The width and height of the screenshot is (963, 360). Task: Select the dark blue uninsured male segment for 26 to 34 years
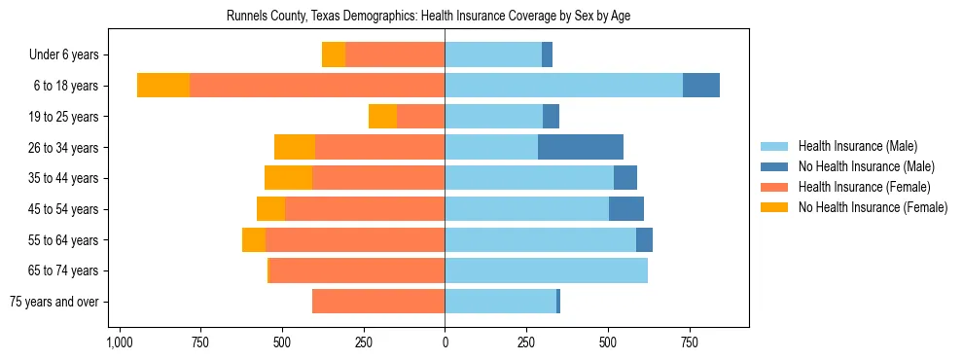[581, 147]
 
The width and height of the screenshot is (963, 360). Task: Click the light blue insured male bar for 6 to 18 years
[563, 86]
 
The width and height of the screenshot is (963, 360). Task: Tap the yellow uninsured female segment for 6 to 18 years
[163, 86]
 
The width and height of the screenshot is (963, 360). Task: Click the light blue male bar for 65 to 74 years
[546, 270]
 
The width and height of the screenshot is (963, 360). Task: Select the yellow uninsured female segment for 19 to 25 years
[382, 117]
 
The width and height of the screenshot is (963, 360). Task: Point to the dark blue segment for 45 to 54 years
[626, 209]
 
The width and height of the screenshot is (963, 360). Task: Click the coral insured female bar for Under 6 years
[395, 54]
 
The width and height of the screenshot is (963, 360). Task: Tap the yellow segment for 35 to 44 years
[288, 178]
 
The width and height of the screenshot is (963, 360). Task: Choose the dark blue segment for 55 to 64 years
[644, 239]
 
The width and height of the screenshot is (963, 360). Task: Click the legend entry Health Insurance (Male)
[857, 146]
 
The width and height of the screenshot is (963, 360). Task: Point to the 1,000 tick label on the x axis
[119, 343]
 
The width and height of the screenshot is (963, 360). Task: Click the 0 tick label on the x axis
[445, 343]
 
